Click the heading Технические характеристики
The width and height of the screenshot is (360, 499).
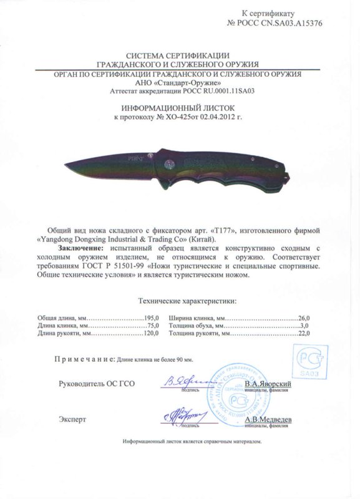[179, 301]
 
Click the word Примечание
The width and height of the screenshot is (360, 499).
[82, 360]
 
